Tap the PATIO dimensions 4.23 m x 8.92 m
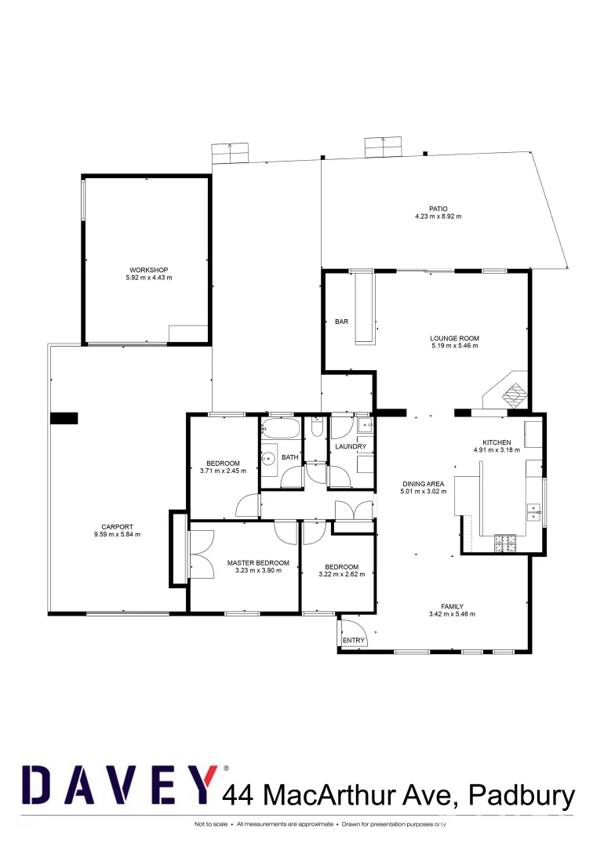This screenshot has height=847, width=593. tap(438, 216)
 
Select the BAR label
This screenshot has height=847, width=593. tap(341, 322)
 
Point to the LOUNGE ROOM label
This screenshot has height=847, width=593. tap(454, 339)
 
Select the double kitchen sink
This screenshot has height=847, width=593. tap(535, 511)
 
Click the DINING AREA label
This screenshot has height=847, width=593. tap(424, 484)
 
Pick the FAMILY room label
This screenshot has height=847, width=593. tap(453, 606)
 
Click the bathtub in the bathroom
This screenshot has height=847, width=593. tap(280, 428)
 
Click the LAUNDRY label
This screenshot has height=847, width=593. tap(351, 447)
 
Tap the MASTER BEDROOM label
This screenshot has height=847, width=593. tap(258, 563)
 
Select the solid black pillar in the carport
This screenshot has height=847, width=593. tap(64, 419)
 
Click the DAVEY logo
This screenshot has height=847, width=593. tap(118, 786)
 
